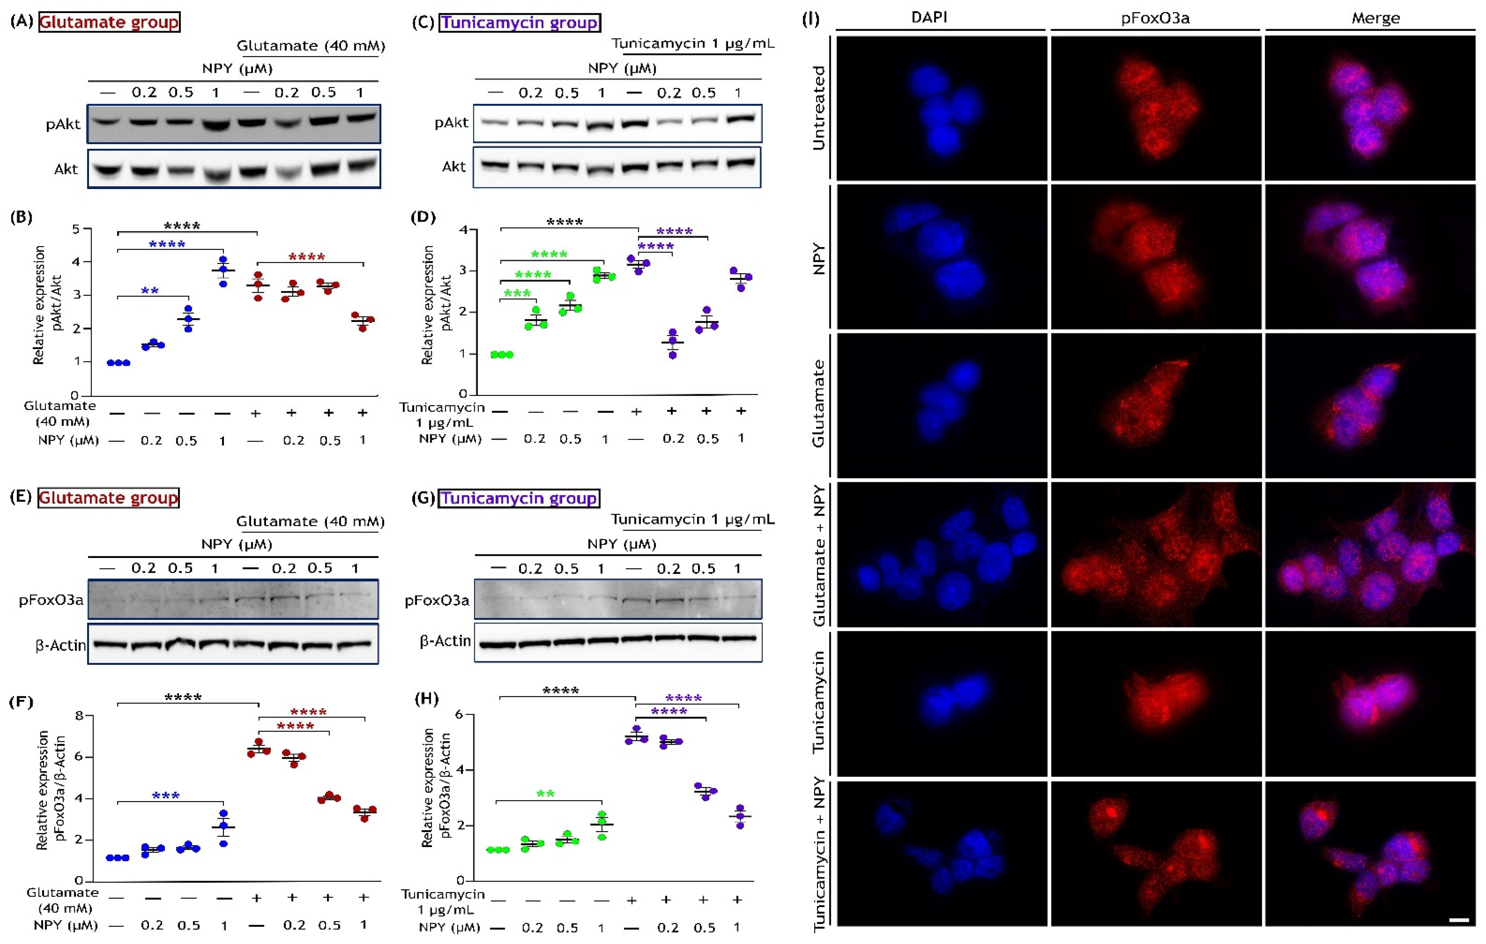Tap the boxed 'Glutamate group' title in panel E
coord(109,498)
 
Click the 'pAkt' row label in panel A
coord(63,124)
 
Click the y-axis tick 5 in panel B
coord(76,229)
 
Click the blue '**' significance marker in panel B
coord(150,290)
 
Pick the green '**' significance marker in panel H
coord(545,794)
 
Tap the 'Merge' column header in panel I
coord(1375,18)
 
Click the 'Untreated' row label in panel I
coord(818,108)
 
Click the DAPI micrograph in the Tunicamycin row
coord(941,703)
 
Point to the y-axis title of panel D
coord(436,306)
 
